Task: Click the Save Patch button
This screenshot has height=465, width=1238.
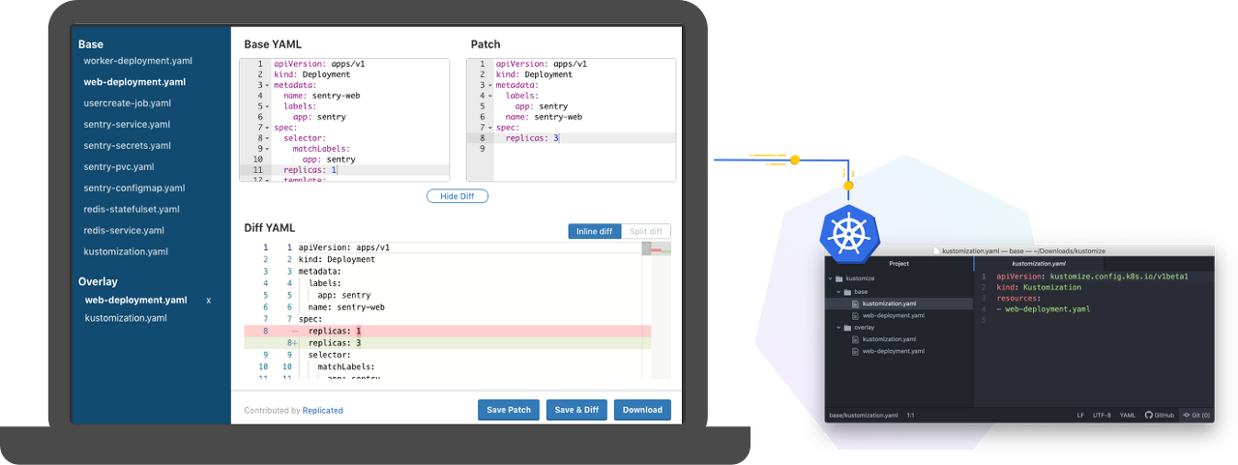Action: click(x=509, y=410)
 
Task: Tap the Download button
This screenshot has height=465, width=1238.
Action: click(x=642, y=410)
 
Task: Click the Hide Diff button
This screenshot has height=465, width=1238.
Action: click(x=457, y=196)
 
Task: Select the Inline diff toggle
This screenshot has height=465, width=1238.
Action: click(x=594, y=232)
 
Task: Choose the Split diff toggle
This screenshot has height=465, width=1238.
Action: click(x=645, y=232)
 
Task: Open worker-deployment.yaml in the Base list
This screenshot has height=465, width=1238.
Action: click(x=138, y=61)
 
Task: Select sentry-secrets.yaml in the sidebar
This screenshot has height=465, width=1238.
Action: click(x=128, y=146)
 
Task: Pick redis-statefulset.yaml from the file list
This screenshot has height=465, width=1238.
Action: click(x=132, y=210)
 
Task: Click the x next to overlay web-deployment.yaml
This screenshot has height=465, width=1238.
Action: click(x=209, y=301)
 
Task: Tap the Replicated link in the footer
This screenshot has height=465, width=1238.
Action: click(x=323, y=411)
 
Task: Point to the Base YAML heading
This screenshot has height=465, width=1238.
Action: click(x=274, y=44)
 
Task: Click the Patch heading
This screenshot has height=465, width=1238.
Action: click(x=486, y=44)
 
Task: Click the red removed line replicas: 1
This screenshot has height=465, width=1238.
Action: click(x=335, y=332)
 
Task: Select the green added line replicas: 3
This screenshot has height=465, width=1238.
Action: click(x=335, y=343)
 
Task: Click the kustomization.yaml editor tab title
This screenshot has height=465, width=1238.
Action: click(x=1039, y=263)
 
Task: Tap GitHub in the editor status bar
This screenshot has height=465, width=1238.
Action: click(x=1159, y=415)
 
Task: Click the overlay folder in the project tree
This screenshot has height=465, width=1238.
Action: click(x=864, y=328)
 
